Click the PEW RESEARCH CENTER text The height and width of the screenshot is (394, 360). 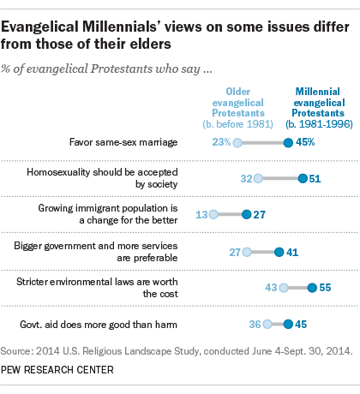point(59,371)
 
